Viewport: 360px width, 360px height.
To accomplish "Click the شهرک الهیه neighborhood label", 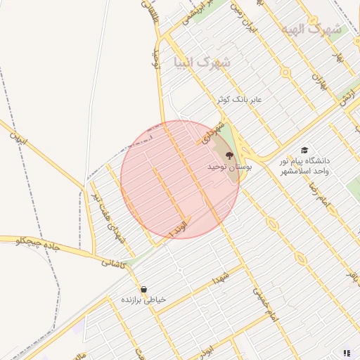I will [310, 30].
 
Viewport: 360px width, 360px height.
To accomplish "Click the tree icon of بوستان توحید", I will [229, 155].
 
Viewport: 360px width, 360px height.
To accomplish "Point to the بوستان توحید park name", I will [229, 167].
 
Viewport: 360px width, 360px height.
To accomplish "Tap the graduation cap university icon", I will [304, 150].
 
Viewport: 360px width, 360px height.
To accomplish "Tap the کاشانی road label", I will [112, 262].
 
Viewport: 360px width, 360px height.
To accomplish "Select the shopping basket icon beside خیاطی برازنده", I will [143, 289].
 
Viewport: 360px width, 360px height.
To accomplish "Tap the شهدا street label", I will [223, 275].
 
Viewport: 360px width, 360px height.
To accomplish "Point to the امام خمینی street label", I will [266, 307].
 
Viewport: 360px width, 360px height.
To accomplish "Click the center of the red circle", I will [180, 179].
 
